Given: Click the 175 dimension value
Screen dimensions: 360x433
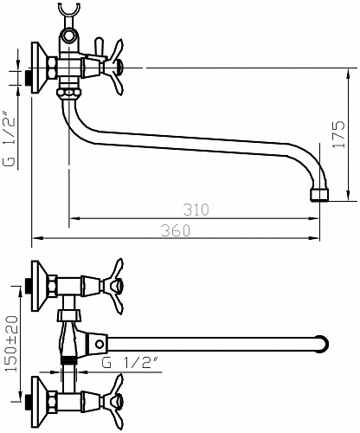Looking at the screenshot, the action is pyautogui.click(x=339, y=134).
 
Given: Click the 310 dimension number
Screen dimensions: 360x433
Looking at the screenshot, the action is pyautogui.click(x=196, y=210).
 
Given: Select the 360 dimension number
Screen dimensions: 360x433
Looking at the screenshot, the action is pyautogui.click(x=176, y=230).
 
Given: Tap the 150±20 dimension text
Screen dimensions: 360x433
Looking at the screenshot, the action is pyautogui.click(x=12, y=344).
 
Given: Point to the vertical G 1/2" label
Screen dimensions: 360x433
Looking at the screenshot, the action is pyautogui.click(x=9, y=141).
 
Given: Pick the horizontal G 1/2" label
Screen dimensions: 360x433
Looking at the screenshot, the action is pyautogui.click(x=131, y=363).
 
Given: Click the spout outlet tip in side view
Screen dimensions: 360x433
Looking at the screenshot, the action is pyautogui.click(x=319, y=195).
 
